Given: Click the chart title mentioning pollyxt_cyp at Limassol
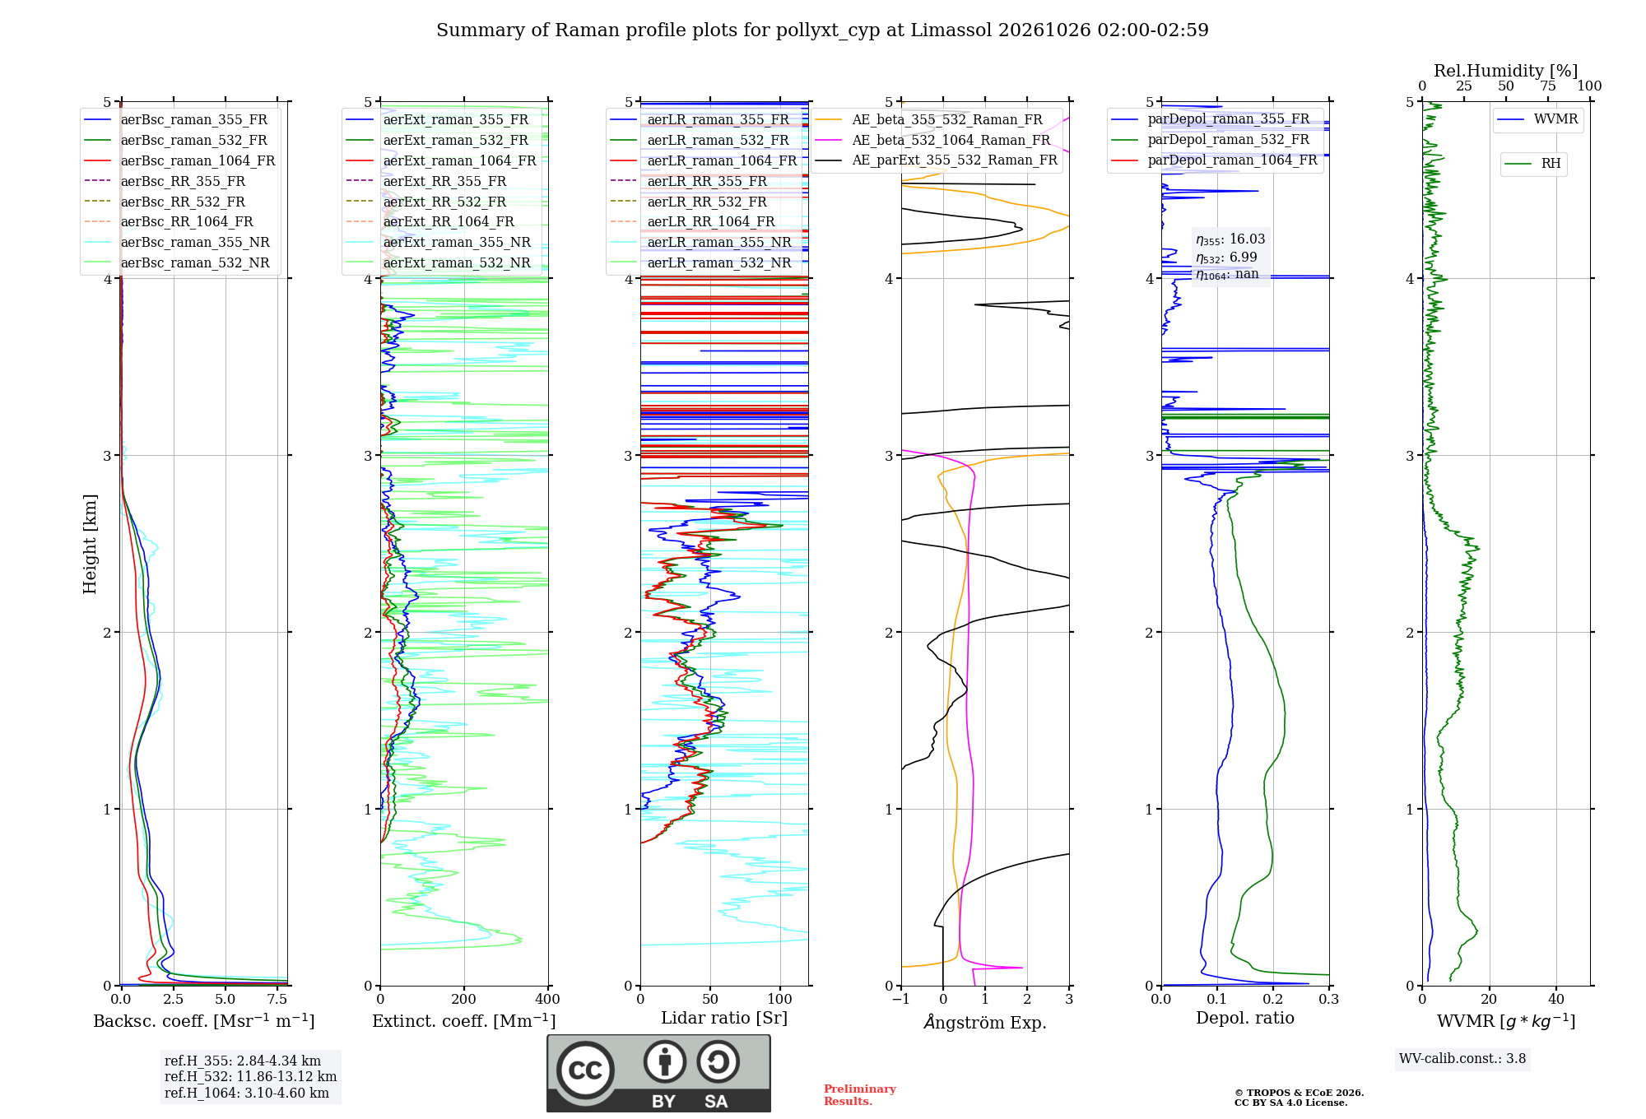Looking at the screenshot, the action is tap(822, 30).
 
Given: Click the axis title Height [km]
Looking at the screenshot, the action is tap(90, 544).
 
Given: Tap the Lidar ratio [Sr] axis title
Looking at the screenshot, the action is tap(724, 1018).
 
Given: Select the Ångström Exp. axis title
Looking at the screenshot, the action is tap(985, 1022).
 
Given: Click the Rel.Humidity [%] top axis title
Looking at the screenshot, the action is tap(1506, 71).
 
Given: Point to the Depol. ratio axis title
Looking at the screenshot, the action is tap(1245, 1018).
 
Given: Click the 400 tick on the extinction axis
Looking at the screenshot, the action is tap(548, 999).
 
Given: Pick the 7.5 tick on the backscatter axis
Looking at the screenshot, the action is tap(277, 999).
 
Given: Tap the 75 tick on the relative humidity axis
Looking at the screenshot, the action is tap(1548, 86).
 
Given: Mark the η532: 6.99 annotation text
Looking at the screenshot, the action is tap(1226, 258).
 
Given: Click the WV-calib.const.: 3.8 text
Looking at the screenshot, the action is tap(1462, 1059).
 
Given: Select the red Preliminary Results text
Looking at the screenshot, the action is tap(860, 1095).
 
